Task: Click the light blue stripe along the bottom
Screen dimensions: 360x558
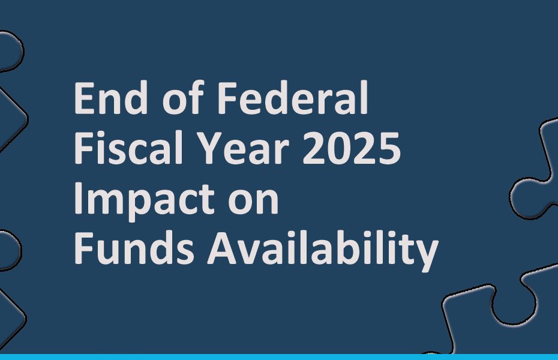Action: point(279,356)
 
